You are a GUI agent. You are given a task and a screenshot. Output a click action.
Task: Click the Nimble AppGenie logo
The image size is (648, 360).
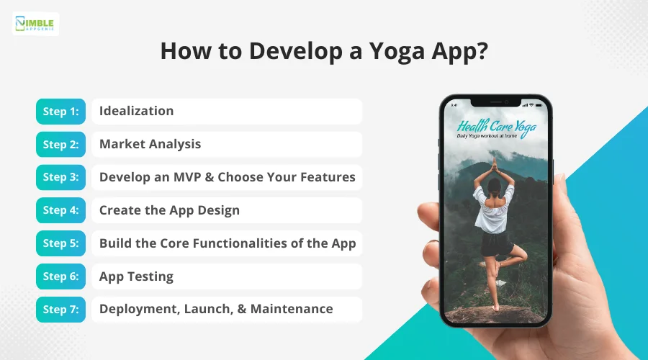[x=35, y=24]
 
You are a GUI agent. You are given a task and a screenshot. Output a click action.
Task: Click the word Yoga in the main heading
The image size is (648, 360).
[x=396, y=52]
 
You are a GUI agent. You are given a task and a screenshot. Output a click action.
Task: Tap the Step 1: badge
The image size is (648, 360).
[x=60, y=111]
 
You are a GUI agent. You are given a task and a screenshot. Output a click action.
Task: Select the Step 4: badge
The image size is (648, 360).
[x=60, y=210]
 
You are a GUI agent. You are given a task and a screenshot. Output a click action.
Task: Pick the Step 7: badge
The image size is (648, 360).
[x=60, y=309]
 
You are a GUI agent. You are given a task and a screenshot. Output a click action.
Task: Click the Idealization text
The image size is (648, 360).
[x=136, y=111]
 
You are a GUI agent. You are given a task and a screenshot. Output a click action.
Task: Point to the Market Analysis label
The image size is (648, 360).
[x=150, y=144]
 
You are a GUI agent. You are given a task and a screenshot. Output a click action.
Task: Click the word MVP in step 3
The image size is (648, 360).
[x=186, y=177]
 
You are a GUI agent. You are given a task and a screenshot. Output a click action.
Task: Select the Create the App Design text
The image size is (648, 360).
[x=169, y=210]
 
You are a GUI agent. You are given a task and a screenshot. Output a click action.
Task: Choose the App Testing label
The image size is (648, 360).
[x=136, y=276]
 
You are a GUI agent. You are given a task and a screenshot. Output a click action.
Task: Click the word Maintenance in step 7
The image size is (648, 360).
[x=292, y=309]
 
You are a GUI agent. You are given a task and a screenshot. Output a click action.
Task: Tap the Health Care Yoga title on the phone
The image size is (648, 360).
[x=496, y=127]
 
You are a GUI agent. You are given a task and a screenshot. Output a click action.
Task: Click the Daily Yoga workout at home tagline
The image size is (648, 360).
[x=487, y=135]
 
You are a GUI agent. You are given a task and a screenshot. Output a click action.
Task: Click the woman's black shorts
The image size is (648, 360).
[x=496, y=244]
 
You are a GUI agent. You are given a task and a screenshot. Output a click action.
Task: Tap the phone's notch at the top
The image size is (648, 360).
[x=496, y=102]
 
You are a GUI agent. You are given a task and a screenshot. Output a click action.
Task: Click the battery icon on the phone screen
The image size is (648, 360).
[x=539, y=105]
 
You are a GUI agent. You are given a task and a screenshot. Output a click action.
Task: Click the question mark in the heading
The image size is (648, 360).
[x=482, y=50]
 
